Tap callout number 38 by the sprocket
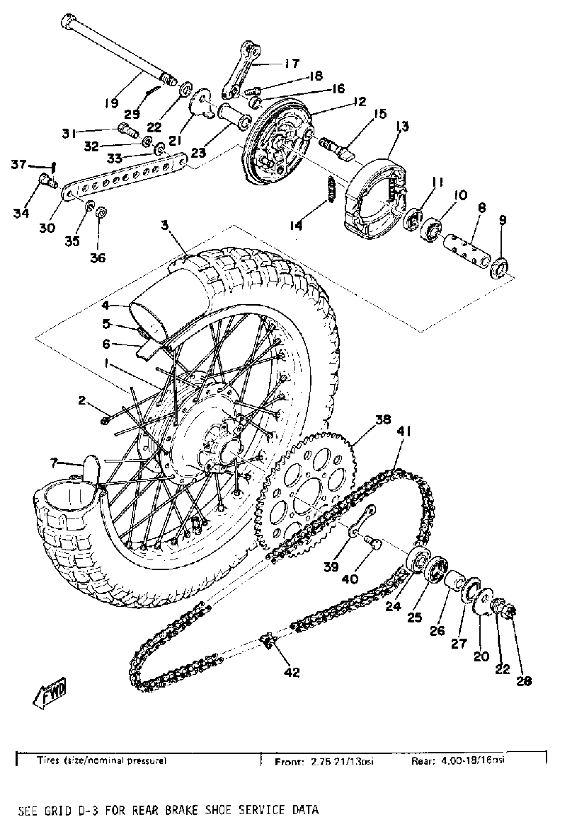click(383, 420)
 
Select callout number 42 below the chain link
click(292, 672)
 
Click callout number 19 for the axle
click(112, 103)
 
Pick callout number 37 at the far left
click(18, 164)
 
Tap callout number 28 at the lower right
click(523, 681)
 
